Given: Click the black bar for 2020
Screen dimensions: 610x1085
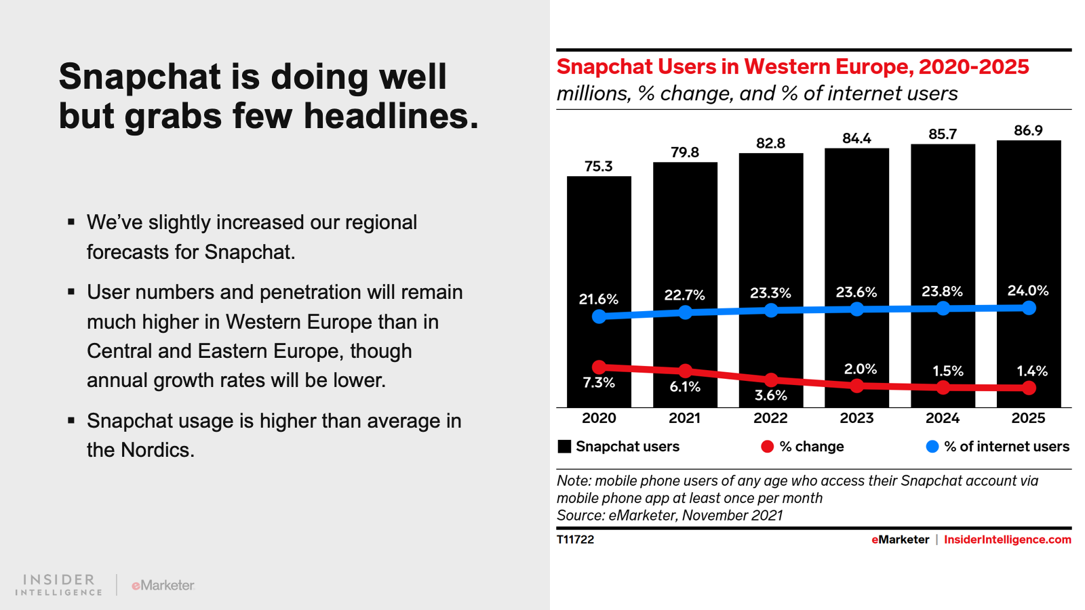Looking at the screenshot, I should click(599, 237).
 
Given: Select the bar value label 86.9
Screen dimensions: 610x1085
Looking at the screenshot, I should click(1028, 131).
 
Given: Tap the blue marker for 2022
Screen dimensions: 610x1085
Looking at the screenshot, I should click(771, 310).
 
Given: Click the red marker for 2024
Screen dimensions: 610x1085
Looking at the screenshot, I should click(943, 388).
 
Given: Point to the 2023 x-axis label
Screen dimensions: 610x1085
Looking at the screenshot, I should click(856, 418).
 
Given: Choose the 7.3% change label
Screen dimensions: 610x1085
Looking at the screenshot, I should click(599, 383).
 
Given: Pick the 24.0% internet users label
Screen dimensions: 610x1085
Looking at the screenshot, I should click(1028, 291).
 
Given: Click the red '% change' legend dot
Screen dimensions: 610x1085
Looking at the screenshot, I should click(768, 447).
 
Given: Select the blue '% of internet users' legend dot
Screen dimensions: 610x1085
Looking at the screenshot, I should click(932, 447).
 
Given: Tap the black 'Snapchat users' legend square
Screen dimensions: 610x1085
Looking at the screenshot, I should click(564, 447).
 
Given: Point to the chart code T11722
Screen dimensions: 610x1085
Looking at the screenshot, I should click(575, 540).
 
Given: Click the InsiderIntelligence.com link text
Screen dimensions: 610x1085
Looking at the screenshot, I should click(1007, 540).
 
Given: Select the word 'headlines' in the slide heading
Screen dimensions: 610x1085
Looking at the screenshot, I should click(390, 117).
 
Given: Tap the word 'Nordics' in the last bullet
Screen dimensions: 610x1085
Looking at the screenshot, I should click(156, 450).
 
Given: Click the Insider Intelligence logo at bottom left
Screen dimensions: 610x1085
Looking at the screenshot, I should click(59, 585).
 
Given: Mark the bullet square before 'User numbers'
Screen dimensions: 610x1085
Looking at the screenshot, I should click(71, 292).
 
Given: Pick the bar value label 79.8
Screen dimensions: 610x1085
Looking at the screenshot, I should click(685, 152).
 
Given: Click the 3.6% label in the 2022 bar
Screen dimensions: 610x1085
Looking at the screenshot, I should click(771, 396).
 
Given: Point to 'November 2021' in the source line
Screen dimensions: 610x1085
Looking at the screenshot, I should click(732, 515).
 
